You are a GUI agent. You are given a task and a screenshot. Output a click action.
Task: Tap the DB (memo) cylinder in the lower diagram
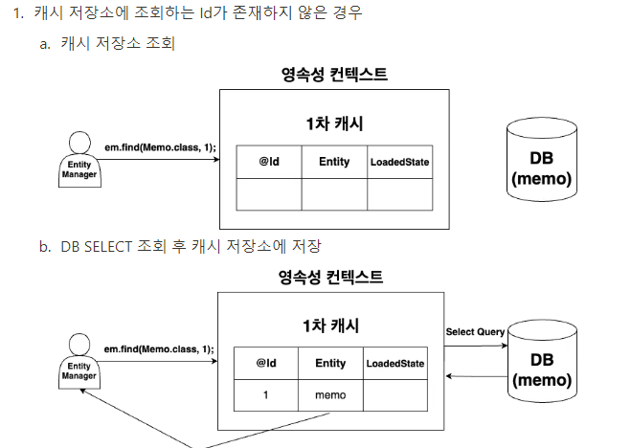[x=542, y=361]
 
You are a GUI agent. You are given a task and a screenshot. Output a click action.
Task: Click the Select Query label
[x=474, y=331]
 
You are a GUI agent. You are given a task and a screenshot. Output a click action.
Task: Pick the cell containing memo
[x=329, y=394]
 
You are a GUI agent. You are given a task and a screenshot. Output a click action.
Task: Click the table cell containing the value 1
[x=266, y=394]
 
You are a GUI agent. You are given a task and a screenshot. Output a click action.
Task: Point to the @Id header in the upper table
[x=269, y=162]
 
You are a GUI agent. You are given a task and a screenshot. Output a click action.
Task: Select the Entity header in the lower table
[x=329, y=363]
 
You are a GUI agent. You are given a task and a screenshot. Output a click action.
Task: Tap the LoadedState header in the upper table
[x=399, y=162]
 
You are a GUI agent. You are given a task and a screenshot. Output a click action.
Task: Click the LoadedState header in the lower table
[x=394, y=363]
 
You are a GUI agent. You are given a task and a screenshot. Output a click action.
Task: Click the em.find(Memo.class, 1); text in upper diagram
[x=160, y=146]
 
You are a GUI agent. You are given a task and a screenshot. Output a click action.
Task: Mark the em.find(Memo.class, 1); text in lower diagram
[x=160, y=348]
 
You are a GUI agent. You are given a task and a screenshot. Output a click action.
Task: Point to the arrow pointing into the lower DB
[x=475, y=347]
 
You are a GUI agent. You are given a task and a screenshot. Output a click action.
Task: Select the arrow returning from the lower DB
[x=475, y=376]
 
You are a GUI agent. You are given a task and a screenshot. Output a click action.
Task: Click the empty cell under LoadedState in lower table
[x=394, y=394]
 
